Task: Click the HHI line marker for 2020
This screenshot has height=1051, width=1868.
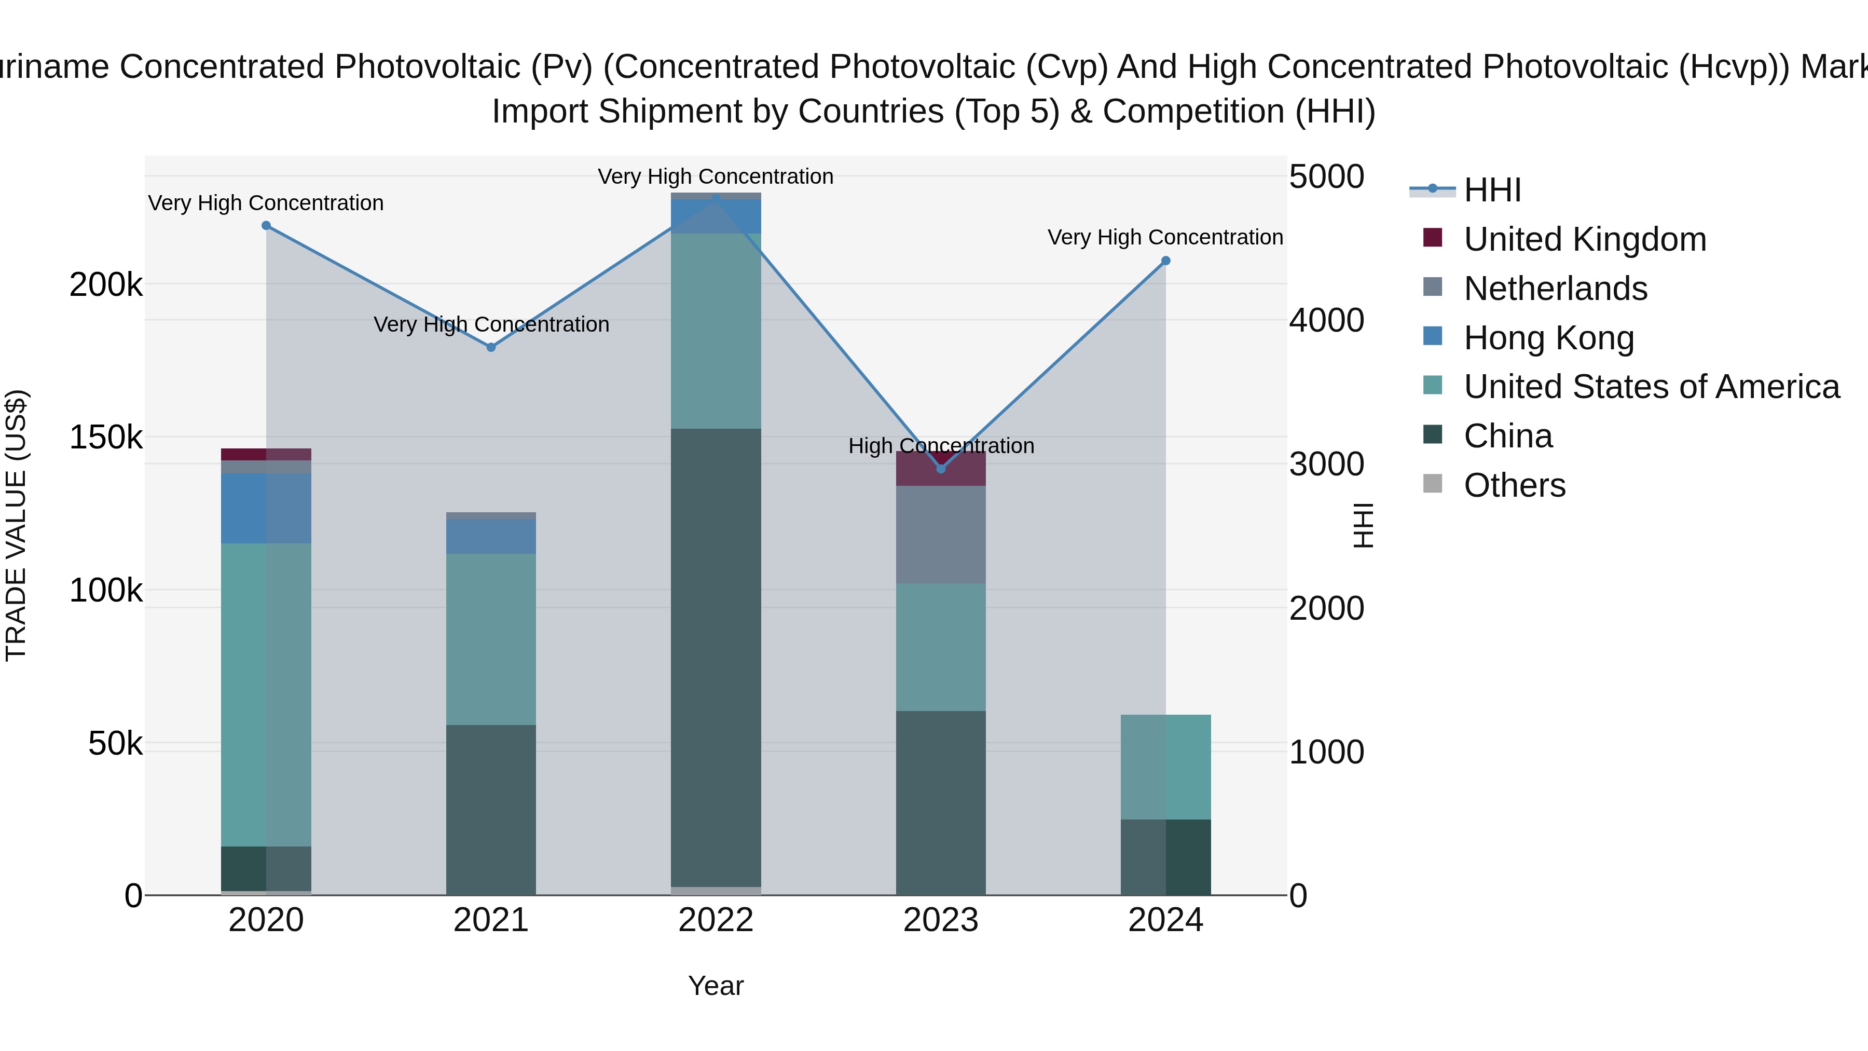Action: pos(266,226)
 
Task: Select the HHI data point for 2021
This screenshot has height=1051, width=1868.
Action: pos(491,347)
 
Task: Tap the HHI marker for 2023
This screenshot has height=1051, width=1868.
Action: pos(941,469)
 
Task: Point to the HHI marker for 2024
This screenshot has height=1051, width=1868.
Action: pos(1166,261)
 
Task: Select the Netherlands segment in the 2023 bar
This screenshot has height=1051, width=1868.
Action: pos(941,535)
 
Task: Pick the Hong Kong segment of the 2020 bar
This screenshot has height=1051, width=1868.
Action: pos(266,508)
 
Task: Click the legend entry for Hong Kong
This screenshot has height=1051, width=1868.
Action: pos(1548,338)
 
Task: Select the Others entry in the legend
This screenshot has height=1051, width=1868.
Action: pos(1514,485)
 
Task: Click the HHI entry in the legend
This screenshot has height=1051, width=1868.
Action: pos(1492,190)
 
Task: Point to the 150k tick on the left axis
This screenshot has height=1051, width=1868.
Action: pos(106,438)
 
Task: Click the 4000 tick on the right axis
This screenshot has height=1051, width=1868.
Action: pos(1326,321)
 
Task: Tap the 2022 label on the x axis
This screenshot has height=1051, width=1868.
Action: pos(716,920)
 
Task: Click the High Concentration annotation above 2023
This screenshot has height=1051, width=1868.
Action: pos(941,445)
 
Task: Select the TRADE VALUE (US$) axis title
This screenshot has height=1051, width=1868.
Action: pos(16,524)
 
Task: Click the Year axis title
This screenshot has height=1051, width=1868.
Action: pos(716,986)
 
